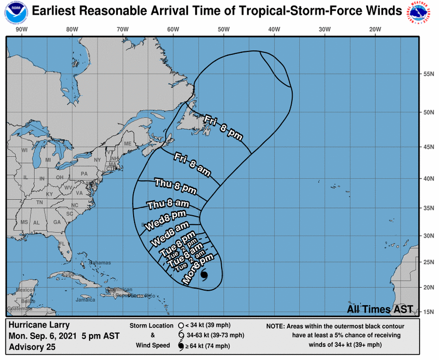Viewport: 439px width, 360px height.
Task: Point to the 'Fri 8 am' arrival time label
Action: point(192,163)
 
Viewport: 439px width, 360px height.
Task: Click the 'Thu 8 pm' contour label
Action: point(175,185)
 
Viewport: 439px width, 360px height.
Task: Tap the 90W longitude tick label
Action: point(22,29)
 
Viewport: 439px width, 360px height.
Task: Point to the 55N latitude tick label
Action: point(429,74)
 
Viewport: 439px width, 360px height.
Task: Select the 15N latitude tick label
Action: point(429,311)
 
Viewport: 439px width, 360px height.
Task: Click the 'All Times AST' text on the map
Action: point(380,309)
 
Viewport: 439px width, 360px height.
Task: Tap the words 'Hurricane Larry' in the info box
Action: point(39,325)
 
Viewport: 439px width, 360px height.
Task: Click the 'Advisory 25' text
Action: point(32,347)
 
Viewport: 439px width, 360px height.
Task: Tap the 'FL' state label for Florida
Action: point(62,244)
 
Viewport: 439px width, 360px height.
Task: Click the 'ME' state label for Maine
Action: point(127,144)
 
